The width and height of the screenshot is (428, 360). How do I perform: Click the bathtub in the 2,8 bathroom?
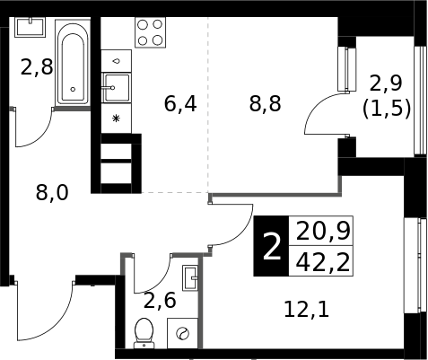(x=73, y=62)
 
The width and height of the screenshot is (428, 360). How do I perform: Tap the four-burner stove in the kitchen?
(x=150, y=32)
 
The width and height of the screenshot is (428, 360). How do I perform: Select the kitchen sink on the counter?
(x=117, y=88)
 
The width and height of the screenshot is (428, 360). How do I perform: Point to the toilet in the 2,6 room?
(x=144, y=333)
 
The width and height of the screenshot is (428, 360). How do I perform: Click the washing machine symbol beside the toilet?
(x=182, y=333)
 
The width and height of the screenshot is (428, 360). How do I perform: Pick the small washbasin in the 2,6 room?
(x=190, y=277)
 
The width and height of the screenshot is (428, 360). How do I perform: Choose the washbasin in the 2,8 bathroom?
(x=30, y=27)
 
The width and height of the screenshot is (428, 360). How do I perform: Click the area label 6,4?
(x=180, y=104)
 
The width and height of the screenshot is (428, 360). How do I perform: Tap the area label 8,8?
(x=265, y=104)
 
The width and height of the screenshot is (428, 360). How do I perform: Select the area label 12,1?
(x=306, y=310)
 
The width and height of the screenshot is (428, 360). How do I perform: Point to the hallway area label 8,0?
(x=52, y=192)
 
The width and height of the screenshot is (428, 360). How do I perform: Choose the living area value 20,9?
(x=323, y=232)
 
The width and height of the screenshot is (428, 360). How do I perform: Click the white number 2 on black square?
(x=272, y=246)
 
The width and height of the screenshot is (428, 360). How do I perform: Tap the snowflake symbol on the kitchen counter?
(x=116, y=119)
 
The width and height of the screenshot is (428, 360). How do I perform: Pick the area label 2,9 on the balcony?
(x=386, y=83)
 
